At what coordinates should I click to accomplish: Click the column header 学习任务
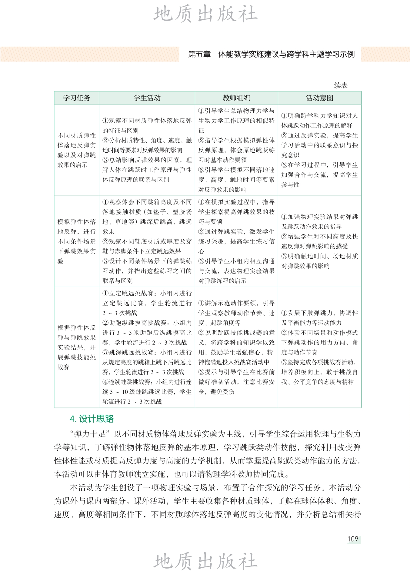point(76,98)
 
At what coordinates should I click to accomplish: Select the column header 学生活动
point(147,98)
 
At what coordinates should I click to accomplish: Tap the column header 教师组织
point(236,98)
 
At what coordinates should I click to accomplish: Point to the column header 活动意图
point(319,98)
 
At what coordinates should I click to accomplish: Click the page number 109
point(353,539)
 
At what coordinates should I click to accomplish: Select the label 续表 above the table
point(341,85)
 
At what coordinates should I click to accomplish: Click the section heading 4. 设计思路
point(92,419)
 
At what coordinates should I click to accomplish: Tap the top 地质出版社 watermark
point(205,14)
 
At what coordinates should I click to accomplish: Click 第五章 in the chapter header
point(199,55)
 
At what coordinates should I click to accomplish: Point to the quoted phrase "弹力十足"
point(91,434)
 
